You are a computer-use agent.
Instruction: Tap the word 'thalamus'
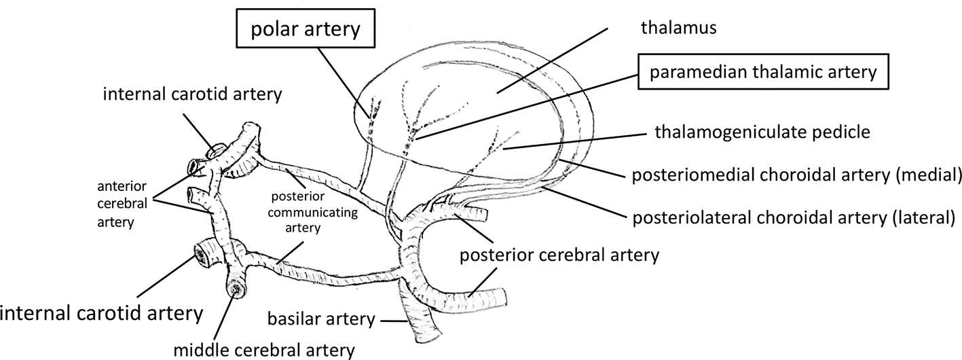coord(671,28)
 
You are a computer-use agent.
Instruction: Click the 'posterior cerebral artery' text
coord(559,256)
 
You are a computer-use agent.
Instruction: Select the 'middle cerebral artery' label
coord(265,350)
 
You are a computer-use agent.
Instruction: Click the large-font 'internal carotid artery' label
coord(102,314)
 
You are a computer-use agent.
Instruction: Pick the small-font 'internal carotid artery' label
coord(192,93)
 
